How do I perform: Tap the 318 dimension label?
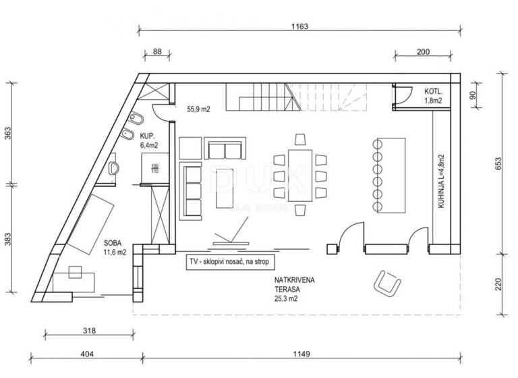pyautogui.click(x=88, y=331)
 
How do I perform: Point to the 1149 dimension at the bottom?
pyautogui.click(x=301, y=354)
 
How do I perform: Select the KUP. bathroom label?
pyautogui.click(x=149, y=139)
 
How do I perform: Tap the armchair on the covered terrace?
pyautogui.click(x=387, y=281)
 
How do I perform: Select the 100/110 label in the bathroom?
pyautogui.click(x=154, y=169)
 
